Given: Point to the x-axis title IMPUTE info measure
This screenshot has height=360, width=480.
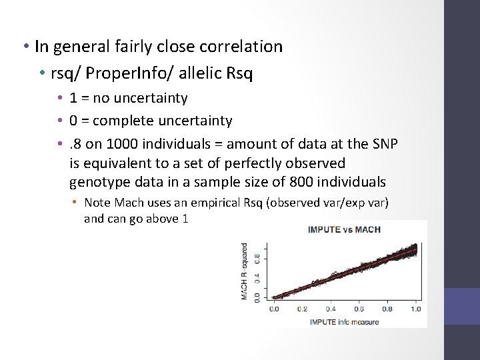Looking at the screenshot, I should [345, 322].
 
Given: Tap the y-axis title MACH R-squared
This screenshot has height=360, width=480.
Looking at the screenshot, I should [245, 271].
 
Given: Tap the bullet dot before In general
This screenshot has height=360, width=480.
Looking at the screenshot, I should [23, 47].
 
